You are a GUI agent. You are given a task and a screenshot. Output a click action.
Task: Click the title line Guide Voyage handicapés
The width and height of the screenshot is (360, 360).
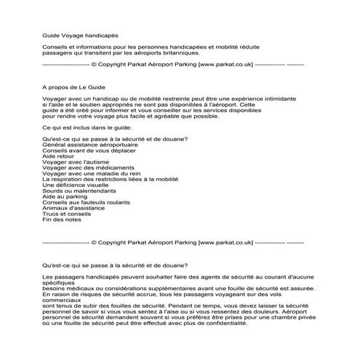coord(79,35)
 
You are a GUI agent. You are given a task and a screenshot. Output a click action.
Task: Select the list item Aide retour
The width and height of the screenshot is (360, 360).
coord(60,156)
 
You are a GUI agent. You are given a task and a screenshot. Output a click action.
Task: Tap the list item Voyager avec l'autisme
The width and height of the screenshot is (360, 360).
coord(76,162)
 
